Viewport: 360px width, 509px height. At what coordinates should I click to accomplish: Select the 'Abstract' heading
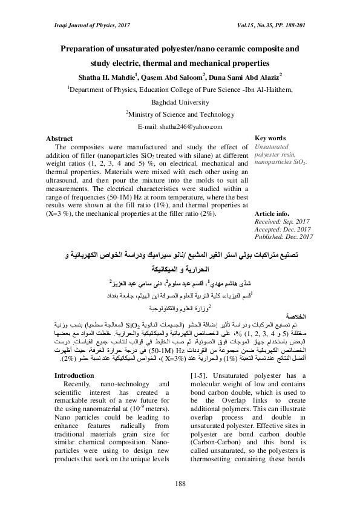[x=59, y=138]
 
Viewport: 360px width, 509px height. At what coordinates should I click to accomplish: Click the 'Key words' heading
[x=270, y=138]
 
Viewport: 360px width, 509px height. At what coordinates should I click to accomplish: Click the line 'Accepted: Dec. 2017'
[x=283, y=229]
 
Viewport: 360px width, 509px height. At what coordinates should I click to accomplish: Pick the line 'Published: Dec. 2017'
[x=284, y=237]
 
